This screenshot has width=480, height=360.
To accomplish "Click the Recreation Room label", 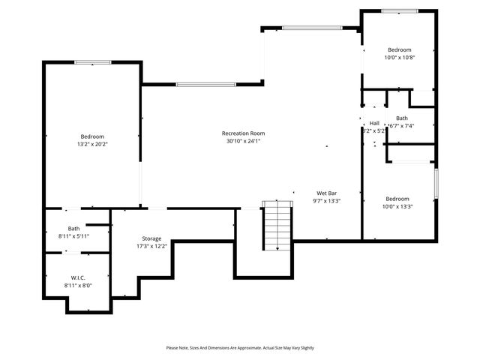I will [244, 133].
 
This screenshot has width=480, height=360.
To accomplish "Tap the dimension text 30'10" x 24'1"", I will [244, 141].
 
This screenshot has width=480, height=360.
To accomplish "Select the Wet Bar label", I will [326, 193].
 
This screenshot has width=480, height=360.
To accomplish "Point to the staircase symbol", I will [277, 227].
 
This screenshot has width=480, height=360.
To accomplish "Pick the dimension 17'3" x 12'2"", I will [146, 246].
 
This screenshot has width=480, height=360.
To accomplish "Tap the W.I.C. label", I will [78, 277].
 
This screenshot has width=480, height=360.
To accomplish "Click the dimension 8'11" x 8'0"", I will [78, 285].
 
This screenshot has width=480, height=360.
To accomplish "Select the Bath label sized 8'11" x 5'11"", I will [73, 229].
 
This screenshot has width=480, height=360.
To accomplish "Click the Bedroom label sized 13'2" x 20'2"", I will [92, 136].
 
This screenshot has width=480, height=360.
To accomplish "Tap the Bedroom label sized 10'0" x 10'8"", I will [399, 49].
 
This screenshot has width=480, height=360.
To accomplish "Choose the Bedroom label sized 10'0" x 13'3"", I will [397, 199].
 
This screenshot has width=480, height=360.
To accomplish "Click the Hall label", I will [374, 123].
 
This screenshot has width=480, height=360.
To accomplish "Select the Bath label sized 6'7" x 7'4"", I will [402, 118].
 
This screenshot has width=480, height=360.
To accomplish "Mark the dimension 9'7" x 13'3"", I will [326, 200].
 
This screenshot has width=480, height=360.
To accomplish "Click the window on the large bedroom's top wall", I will [92, 61].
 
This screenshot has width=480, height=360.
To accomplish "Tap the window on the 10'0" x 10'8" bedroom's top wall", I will [399, 10].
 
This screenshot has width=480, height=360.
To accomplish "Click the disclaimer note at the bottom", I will [240, 347].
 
